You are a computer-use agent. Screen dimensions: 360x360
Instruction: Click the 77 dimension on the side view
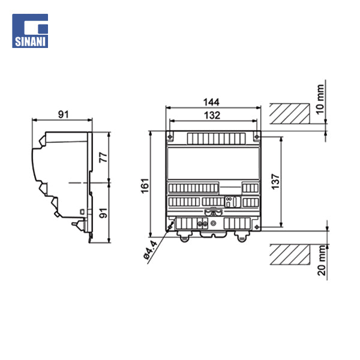103,157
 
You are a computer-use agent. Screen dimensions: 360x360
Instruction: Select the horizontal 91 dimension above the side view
62,113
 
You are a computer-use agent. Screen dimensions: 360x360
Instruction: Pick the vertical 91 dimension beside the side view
103,212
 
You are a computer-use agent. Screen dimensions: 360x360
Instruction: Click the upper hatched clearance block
290,112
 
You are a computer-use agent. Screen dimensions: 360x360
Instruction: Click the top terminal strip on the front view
213,139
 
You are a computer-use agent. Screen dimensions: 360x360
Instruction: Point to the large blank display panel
213,163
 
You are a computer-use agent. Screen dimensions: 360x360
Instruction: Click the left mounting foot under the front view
184,237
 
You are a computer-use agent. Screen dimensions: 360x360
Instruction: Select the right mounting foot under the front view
242,237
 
